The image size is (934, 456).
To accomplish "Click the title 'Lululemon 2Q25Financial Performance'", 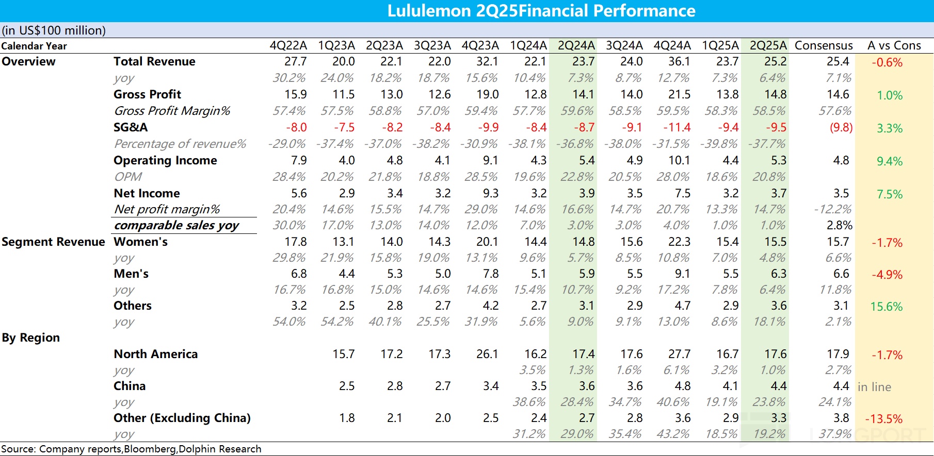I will [541, 11].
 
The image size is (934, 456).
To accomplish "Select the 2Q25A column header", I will [768, 46].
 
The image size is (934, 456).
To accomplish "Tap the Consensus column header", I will [824, 46].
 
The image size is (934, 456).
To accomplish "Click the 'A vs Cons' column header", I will [894, 46].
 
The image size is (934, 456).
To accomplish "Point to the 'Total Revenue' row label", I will [154, 62].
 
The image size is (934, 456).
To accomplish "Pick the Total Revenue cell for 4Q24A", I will [679, 62].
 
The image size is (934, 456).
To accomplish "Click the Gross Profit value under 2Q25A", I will [776, 95].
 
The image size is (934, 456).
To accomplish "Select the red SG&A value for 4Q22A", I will [296, 127].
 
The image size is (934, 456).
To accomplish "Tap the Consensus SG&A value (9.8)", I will [841, 127].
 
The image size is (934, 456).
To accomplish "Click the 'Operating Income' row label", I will [165, 160].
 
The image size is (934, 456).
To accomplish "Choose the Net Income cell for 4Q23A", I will [490, 193].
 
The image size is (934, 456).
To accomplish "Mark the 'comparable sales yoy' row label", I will [176, 225].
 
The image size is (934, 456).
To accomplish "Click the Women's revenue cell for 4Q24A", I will [679, 242].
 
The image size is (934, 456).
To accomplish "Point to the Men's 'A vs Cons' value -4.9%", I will [887, 275].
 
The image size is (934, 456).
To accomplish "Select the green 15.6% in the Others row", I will [887, 307].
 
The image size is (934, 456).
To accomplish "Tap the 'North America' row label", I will [156, 354].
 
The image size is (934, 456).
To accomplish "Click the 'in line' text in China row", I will [874, 387].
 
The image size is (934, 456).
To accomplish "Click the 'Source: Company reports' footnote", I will [131, 449].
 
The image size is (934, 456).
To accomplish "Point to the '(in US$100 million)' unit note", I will [54, 30].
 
